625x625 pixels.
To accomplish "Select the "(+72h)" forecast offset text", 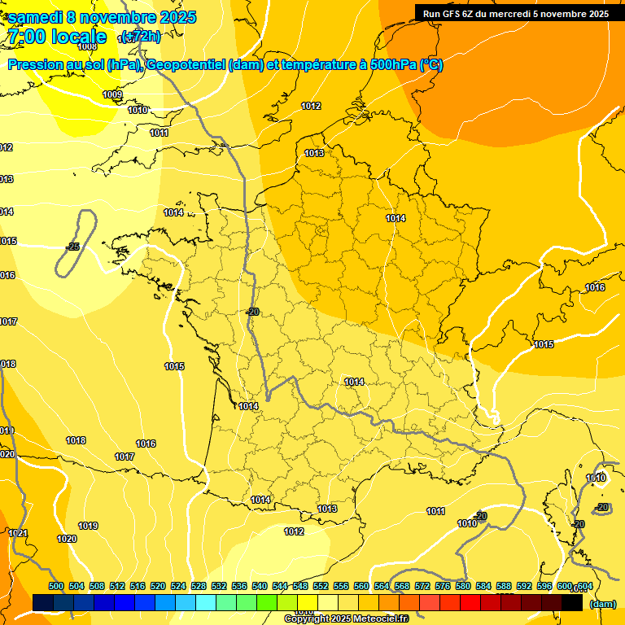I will pyautogui.click(x=140, y=37).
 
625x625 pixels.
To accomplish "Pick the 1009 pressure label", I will pyautogui.click(x=112, y=95).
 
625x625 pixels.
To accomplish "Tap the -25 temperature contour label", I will pyautogui.click(x=73, y=247).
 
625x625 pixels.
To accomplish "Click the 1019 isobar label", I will pyautogui.click(x=88, y=527).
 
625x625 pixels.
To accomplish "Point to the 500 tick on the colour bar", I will pyautogui.click(x=56, y=586).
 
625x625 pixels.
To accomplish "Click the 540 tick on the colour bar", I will pyautogui.click(x=260, y=586).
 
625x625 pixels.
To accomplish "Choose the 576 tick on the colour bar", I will pyautogui.click(x=444, y=586).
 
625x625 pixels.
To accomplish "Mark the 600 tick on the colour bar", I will pyautogui.click(x=564, y=586).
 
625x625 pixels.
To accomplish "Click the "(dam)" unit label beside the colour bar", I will pyautogui.click(x=602, y=604).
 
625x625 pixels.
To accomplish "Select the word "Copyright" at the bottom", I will pyautogui.click(x=307, y=619).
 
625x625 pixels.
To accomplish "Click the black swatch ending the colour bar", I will pyautogui.click(x=572, y=602).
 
